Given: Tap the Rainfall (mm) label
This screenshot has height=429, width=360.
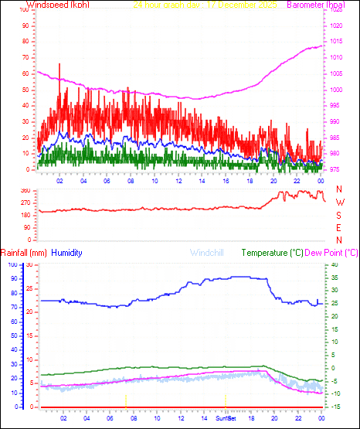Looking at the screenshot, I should (x=24, y=253).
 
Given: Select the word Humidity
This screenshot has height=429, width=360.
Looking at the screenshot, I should (x=69, y=253).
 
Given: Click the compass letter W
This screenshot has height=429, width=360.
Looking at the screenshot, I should (x=339, y=203).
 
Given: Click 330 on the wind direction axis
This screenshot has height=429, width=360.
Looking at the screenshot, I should (x=25, y=190).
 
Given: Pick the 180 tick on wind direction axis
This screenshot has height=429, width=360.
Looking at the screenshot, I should (x=25, y=215).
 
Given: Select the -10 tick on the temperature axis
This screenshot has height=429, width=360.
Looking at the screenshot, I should (x=333, y=393).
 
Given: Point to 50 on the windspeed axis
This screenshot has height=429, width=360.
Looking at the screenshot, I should (x=25, y=90).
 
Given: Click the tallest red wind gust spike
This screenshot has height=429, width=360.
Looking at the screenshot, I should (x=59, y=64).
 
